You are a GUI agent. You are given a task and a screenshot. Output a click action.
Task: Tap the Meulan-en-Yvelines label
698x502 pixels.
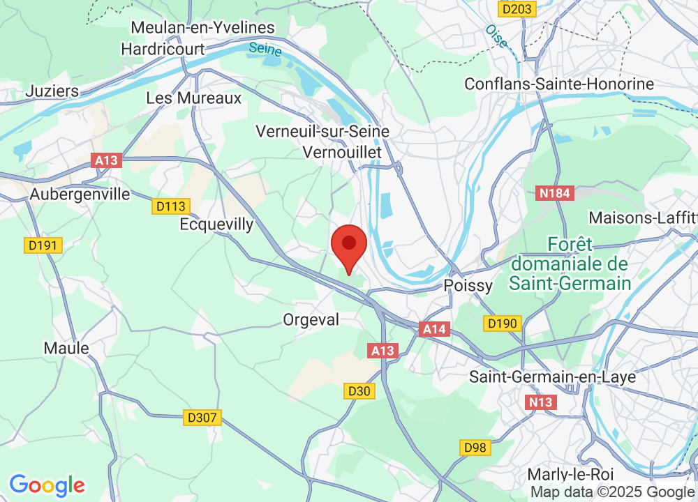click(202, 28)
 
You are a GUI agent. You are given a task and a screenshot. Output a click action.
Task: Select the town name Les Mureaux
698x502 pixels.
click(193, 98)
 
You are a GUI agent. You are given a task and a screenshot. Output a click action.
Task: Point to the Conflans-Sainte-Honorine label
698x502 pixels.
click(559, 84)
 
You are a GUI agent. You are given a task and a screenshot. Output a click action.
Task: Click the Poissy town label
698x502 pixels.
click(468, 285)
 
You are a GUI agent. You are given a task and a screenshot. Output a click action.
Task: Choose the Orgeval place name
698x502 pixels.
click(311, 319)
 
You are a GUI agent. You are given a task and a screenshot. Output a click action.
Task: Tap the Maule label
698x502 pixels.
click(66, 348)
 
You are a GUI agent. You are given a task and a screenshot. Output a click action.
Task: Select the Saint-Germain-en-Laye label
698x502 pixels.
click(542, 376)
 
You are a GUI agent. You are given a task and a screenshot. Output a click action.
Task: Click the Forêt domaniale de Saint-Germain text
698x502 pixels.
click(570, 264)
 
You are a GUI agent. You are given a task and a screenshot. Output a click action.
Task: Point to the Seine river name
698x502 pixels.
click(265, 50)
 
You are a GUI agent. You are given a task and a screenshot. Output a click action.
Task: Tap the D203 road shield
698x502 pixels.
click(516, 9)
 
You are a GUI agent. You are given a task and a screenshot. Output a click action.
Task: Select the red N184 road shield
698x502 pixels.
click(555, 193)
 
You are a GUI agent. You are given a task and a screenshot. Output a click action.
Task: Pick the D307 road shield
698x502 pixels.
click(203, 418)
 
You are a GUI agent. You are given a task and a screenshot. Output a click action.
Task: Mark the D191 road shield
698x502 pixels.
click(43, 245)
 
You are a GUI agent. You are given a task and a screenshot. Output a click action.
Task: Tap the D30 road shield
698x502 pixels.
click(359, 392)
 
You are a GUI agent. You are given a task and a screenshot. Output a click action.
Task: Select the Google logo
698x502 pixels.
click(47, 485)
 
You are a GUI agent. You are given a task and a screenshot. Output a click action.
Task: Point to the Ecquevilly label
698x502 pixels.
click(216, 225)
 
